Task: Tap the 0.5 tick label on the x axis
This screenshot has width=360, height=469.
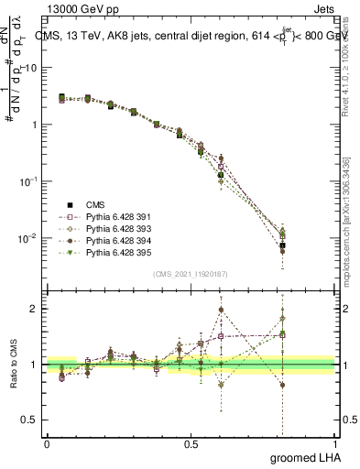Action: point(191,443)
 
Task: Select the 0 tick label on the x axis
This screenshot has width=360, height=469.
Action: point(47,443)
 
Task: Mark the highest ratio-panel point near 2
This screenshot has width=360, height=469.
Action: point(221,310)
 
